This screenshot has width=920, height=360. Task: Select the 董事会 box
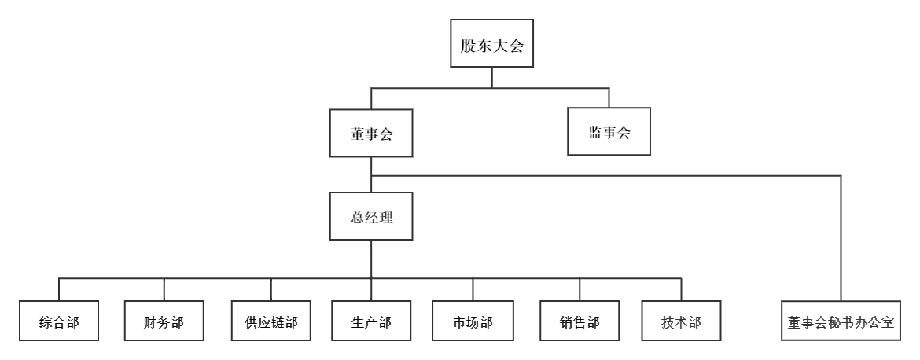tap(371, 133)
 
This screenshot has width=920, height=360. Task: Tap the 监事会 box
tap(609, 133)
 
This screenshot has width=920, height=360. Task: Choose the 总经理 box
tap(371, 216)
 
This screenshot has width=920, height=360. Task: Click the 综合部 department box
tap(59, 321)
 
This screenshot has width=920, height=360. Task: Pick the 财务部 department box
tap(164, 321)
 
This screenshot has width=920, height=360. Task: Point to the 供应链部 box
tap(270, 321)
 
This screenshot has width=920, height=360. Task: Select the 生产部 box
tap(371, 321)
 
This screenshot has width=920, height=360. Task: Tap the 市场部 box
tap(473, 321)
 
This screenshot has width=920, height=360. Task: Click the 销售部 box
tap(580, 321)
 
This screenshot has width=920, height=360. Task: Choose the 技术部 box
tap(681, 321)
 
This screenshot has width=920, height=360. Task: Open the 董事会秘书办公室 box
tap(841, 321)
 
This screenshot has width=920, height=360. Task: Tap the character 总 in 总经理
tap(358, 217)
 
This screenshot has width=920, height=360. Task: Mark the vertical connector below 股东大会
tap(492, 78)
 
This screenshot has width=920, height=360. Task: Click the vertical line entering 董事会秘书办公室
tap(841, 236)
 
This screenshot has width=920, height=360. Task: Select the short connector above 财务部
tap(164, 289)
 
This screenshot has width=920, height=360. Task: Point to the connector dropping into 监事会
tap(609, 98)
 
